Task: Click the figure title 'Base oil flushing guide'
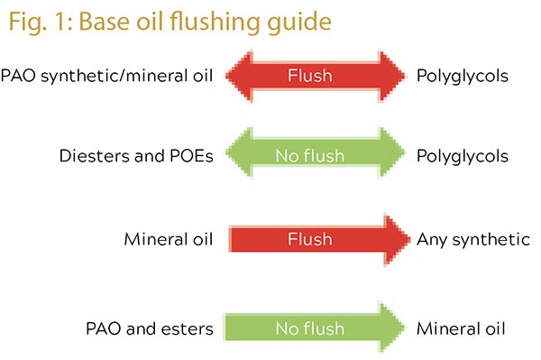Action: (206, 23)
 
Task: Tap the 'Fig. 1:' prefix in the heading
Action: (41, 23)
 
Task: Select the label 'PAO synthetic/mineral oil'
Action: (106, 76)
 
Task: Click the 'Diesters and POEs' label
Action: (136, 156)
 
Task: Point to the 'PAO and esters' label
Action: (150, 328)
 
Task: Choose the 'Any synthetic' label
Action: (473, 239)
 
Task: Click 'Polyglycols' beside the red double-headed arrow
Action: (463, 77)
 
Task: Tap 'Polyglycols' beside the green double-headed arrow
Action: (463, 156)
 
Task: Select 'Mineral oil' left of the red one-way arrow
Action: (169, 239)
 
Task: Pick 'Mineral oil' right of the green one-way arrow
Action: (461, 328)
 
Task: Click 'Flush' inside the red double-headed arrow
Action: (310, 76)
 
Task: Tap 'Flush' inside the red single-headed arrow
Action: (310, 239)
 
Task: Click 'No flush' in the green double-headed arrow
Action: (310, 156)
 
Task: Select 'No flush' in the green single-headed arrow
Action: (310, 328)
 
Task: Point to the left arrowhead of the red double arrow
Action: (240, 76)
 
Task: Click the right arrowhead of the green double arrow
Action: (392, 152)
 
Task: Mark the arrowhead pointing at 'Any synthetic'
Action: (397, 239)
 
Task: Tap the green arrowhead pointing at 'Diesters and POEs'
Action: (240, 152)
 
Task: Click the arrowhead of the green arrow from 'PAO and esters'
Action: (392, 327)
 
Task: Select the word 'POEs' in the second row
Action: (191, 156)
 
